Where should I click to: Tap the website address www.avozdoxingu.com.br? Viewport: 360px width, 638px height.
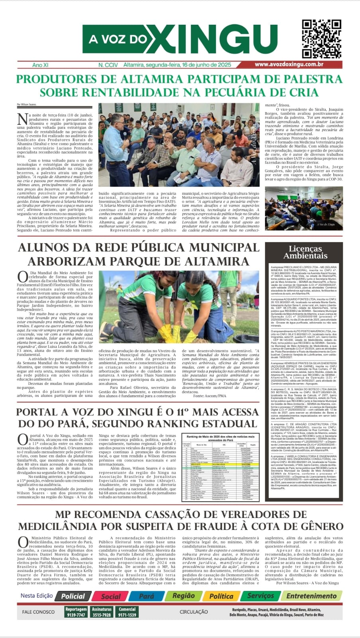(289, 65)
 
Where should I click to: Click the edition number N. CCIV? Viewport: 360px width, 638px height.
(108, 65)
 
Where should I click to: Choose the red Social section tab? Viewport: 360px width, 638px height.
(111, 596)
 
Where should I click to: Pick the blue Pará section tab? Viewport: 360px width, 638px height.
(146, 596)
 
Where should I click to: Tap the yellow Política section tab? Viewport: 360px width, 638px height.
(221, 596)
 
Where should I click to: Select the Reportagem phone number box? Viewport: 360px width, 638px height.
(76, 612)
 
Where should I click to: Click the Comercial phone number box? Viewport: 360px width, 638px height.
(127, 612)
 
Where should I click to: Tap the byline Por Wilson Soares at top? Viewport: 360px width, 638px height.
(27, 105)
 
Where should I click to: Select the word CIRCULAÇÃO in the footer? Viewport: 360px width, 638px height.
(193, 612)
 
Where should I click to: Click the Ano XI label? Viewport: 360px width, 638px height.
(40, 65)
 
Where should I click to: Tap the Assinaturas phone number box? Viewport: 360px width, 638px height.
(102, 612)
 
